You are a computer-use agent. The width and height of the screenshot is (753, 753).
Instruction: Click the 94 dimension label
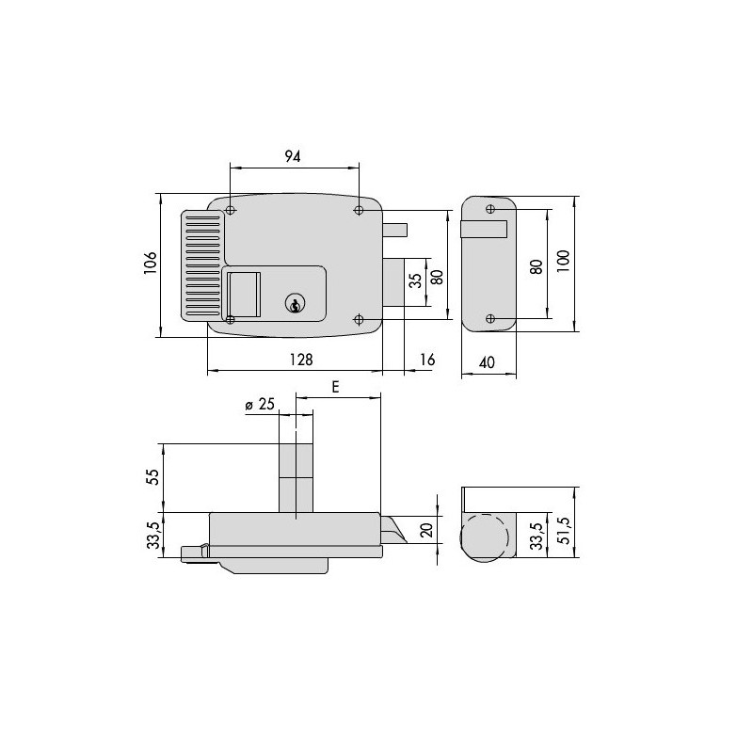293,156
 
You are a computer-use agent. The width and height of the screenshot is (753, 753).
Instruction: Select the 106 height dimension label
151,263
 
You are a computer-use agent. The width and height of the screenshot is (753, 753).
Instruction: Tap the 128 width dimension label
301,360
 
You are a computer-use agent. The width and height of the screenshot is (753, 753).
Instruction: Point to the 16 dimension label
427,360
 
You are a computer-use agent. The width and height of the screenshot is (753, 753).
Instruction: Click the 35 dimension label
416,280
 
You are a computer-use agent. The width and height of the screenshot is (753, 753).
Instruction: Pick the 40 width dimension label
487,362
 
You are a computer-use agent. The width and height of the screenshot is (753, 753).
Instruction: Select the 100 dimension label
563,262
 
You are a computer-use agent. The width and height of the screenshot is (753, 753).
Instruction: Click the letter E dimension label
335,387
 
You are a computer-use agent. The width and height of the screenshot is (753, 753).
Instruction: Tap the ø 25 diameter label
260,405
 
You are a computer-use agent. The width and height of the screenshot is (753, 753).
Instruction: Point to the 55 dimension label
152,476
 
